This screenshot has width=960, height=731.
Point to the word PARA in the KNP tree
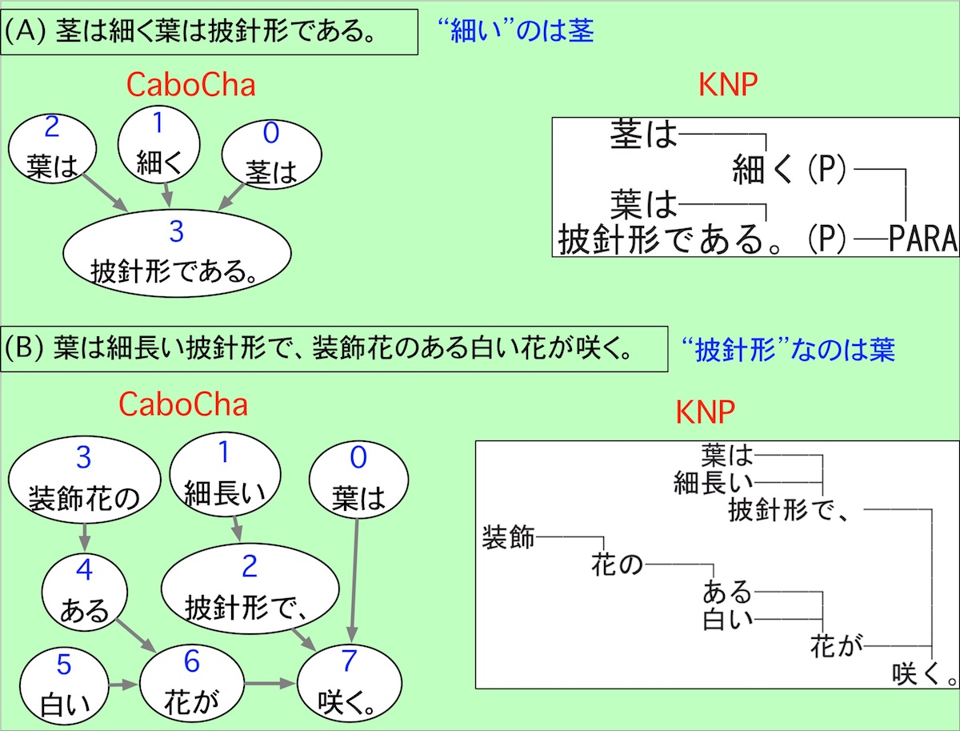pyautogui.click(x=922, y=239)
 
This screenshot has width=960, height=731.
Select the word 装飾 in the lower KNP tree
pyautogui.click(x=508, y=537)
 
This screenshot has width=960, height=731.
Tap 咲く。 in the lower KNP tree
pyautogui.click(x=924, y=673)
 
